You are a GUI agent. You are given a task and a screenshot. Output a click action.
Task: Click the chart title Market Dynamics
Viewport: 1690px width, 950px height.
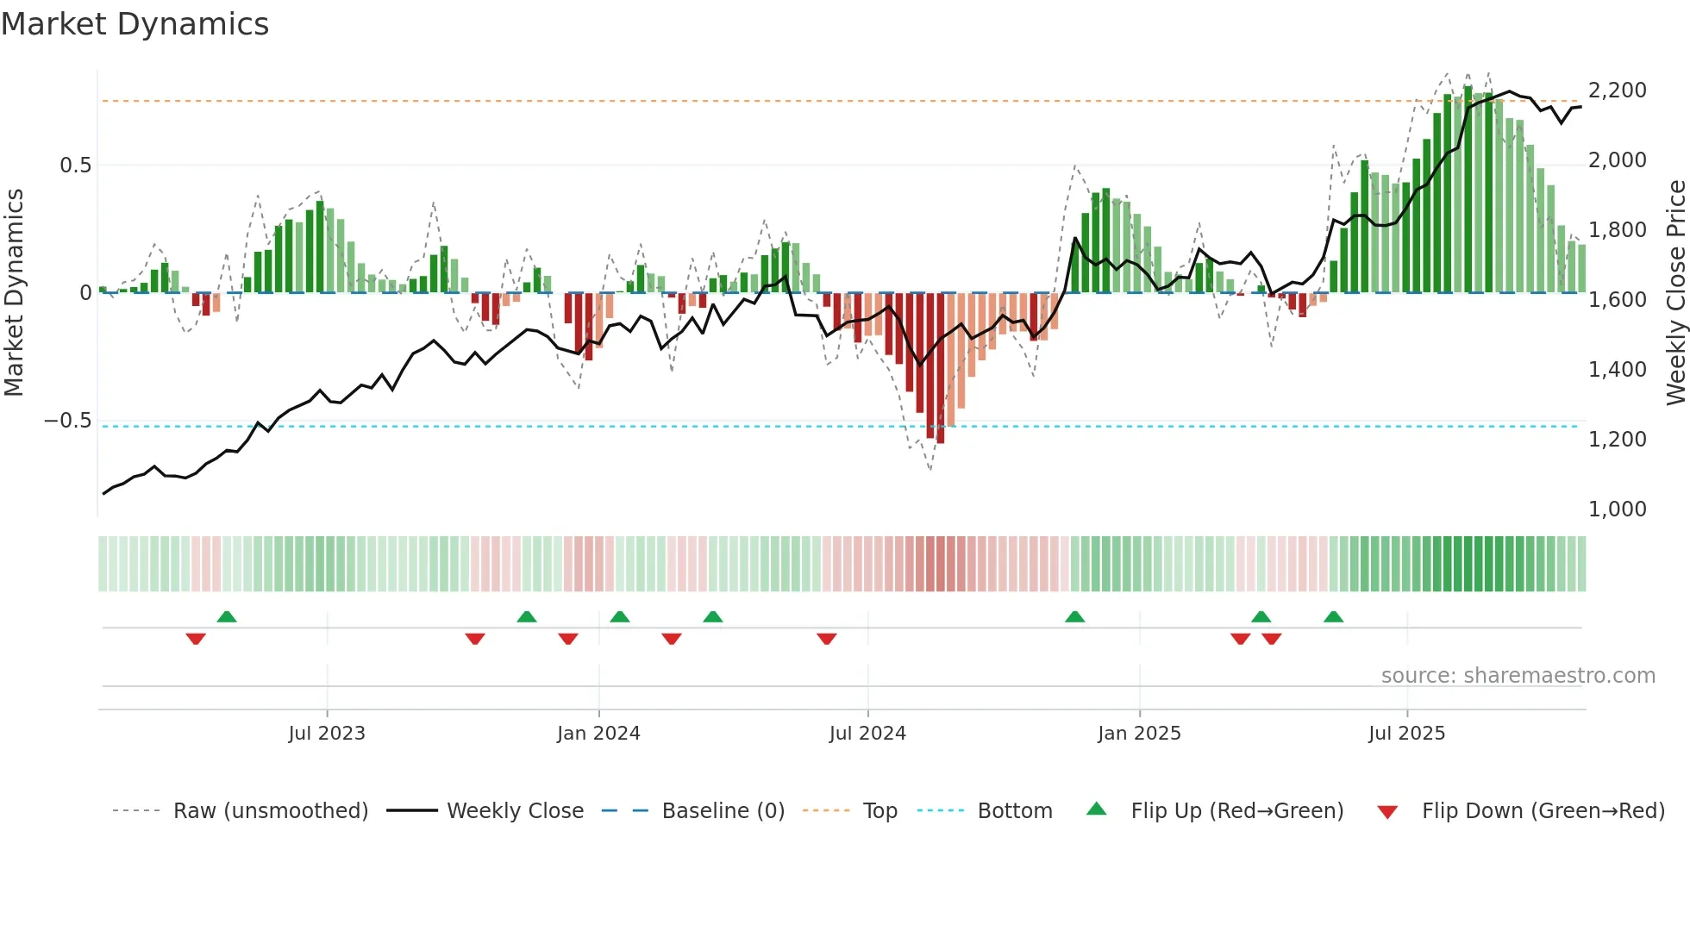tap(135, 24)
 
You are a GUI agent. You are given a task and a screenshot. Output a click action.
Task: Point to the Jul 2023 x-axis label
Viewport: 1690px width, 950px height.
tap(327, 734)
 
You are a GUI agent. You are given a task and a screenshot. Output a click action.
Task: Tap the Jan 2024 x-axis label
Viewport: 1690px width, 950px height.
tap(598, 734)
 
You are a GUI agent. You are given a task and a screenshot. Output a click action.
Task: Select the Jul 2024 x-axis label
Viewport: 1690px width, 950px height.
tap(867, 734)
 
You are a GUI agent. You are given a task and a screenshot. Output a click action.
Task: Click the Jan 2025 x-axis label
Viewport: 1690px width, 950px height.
tap(1139, 734)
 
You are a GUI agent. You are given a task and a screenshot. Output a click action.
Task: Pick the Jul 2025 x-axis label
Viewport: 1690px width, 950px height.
tap(1406, 734)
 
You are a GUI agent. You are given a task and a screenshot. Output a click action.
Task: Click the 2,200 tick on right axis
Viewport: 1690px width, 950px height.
tap(1617, 91)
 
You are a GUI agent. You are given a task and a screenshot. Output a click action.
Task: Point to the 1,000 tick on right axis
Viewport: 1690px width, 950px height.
tap(1617, 509)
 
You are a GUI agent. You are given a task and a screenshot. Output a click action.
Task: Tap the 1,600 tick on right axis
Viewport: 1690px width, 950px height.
tap(1617, 300)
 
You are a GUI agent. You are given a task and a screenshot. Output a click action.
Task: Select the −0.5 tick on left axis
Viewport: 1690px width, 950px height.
tap(68, 421)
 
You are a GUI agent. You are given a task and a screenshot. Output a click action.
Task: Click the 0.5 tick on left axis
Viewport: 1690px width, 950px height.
tap(75, 166)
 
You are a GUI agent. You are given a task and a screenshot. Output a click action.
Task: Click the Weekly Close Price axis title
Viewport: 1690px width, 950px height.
tap(1675, 293)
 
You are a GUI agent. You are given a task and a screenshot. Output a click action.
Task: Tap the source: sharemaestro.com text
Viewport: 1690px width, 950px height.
tap(1518, 676)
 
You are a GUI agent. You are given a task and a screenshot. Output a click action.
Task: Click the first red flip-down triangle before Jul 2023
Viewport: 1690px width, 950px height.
tap(196, 639)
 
